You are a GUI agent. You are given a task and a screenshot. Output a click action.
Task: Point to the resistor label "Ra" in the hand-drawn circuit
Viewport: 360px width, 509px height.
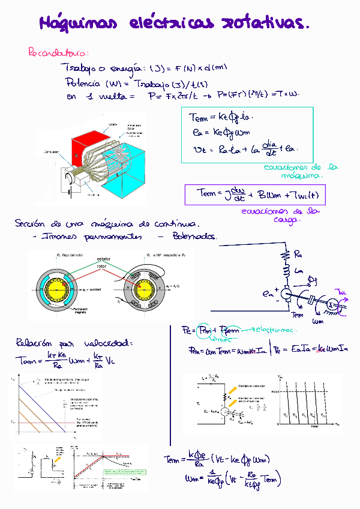point(299,254)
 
